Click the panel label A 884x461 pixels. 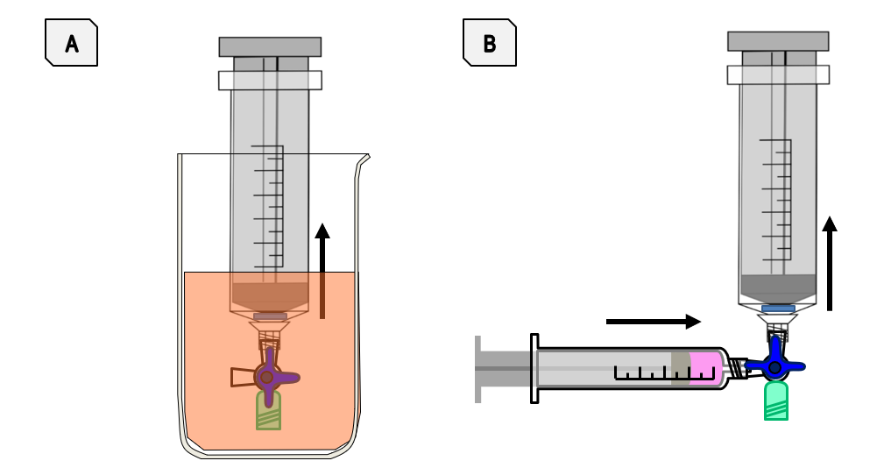coord(71,44)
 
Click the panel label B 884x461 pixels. coord(489,44)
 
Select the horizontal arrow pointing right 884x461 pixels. coord(653,322)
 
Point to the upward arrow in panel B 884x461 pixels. coord(830,263)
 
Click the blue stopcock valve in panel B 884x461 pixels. coord(775,366)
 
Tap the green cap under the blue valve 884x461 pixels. coord(775,401)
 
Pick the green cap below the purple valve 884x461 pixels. coord(268,410)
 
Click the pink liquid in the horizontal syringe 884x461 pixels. coord(704,366)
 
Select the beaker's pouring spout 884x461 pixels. coord(362,161)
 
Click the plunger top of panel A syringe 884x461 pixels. coord(270,46)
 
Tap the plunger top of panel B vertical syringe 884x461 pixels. coord(778,41)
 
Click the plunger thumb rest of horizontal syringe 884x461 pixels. coord(478,368)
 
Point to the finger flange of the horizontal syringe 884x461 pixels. coord(534,368)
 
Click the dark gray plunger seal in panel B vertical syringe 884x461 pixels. coord(778,286)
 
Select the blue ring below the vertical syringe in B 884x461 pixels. coord(778,309)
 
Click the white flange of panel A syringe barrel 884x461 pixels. coord(270,80)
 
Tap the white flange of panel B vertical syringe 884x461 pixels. coord(778,74)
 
